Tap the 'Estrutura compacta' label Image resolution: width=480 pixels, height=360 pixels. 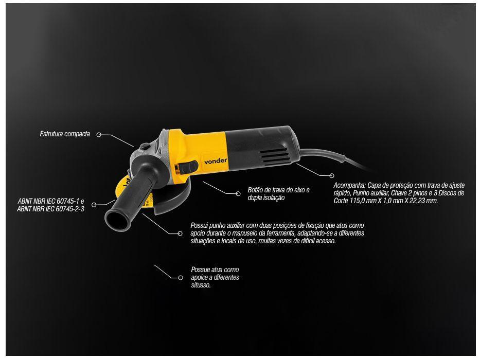coord(65,134)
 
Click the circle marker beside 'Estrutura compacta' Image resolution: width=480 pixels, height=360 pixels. coord(98,135)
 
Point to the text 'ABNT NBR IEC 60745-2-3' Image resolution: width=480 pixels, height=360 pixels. coord(50,209)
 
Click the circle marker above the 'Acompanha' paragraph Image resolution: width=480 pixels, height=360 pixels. coord(331,176)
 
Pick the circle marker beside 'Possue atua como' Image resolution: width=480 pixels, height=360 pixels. coord(181,277)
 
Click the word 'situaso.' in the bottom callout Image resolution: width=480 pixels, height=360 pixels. coord(201,285)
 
